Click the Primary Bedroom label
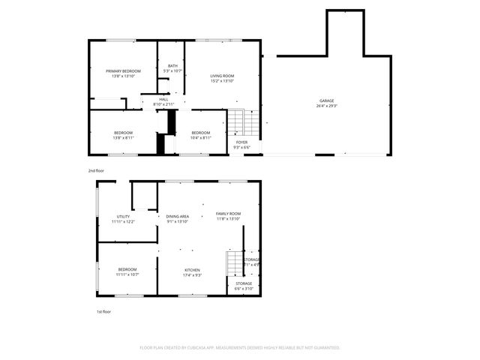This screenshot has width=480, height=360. pos(123,70)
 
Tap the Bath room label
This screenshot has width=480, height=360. pos(172,66)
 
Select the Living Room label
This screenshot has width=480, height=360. pos(222,76)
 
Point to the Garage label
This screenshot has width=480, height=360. pos(326,100)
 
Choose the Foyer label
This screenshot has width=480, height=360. pos(241,142)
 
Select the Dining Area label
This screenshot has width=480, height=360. pos(178,216)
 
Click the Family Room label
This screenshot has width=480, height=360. pos(228,214)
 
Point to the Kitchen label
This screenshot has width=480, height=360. pos(193,270)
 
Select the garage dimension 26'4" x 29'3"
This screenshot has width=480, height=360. pos(326,106)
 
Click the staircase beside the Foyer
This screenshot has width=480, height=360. pos(237,121)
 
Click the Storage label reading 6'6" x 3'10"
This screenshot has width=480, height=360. pos(244,286)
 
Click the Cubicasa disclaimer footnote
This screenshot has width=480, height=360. pos(240,348)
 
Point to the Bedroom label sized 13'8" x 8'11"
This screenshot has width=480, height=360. pos(123,133)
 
